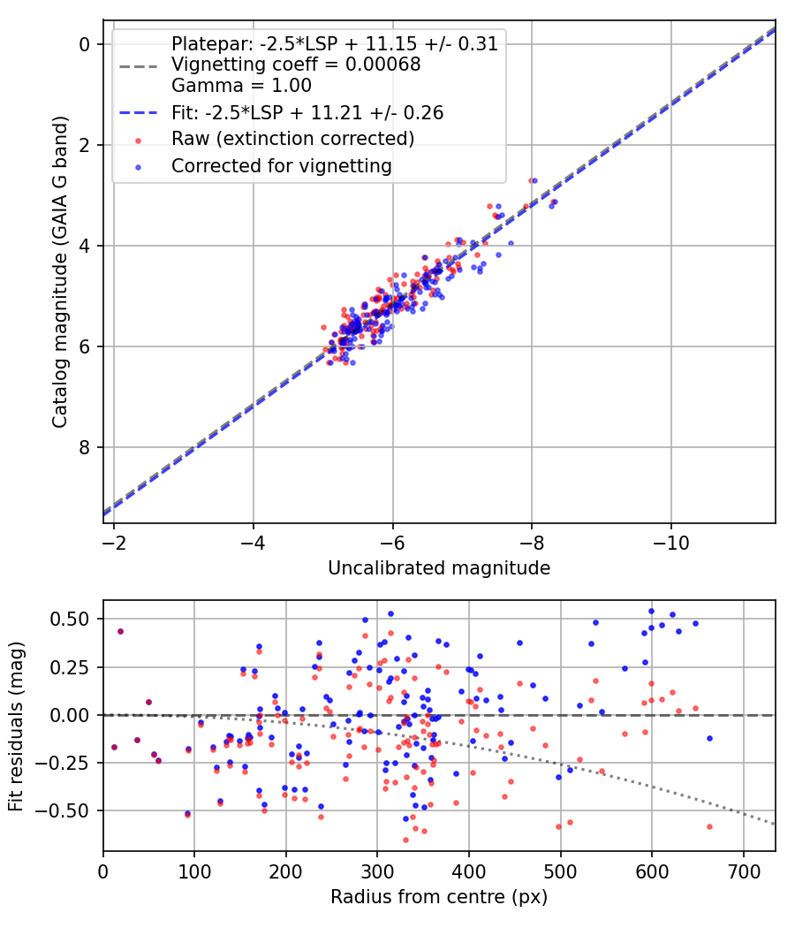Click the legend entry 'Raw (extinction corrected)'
[292, 139]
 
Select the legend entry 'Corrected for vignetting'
[281, 165]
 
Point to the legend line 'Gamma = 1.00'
[241, 86]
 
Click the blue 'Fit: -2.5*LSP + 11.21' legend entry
[307, 112]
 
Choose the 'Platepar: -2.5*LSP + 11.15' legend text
[334, 43]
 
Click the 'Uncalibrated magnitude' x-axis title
[439, 568]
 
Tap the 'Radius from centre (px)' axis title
[439, 897]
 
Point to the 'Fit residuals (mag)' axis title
[16, 726]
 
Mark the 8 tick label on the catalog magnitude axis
[86, 447]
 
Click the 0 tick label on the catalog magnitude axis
[86, 44]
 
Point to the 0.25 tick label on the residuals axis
[73, 666]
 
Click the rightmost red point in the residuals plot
[709, 826]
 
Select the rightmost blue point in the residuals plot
[709, 738]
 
